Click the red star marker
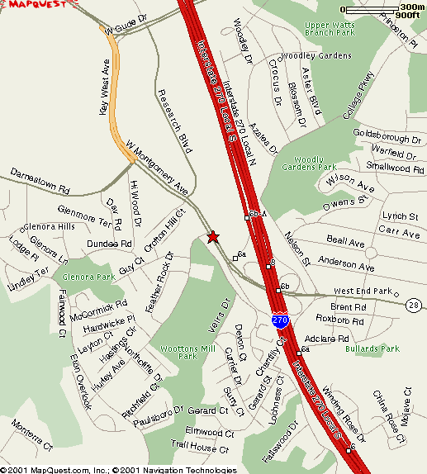(x=213, y=237)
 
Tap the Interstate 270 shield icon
(x=281, y=319)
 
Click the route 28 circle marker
(x=413, y=305)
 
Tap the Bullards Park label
(x=372, y=348)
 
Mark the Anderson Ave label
(x=346, y=263)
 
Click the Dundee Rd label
(x=109, y=244)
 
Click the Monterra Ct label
(x=31, y=435)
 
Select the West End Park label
(x=362, y=292)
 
